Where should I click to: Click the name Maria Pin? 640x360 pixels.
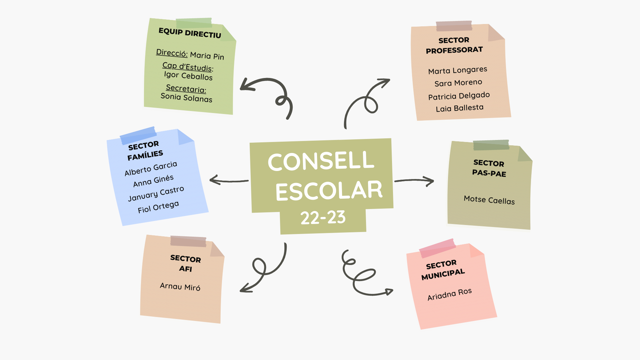pos(207,56)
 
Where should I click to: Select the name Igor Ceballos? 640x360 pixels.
pos(188,76)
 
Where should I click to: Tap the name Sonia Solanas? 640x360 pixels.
pos(186,97)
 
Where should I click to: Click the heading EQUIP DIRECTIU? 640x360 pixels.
pos(190,33)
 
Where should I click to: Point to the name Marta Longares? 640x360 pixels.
pos(457,70)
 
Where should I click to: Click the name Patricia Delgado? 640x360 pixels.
pos(459,96)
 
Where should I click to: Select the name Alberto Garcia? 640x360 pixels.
pos(151,169)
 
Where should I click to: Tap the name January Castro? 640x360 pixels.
pos(156,194)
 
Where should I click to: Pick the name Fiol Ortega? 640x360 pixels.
pos(158,207)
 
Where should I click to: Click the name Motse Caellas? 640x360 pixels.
pos(489,200)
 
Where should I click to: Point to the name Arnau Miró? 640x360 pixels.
pos(180,287)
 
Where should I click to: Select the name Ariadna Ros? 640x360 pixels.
pos(449,294)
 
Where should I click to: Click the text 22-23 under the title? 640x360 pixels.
pos(323,218)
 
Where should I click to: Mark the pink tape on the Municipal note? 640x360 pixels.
pos(437,248)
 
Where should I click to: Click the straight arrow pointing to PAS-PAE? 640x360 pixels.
pos(414,181)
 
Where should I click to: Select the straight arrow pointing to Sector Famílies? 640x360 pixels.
pos(229,181)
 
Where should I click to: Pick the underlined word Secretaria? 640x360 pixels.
pos(186,88)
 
